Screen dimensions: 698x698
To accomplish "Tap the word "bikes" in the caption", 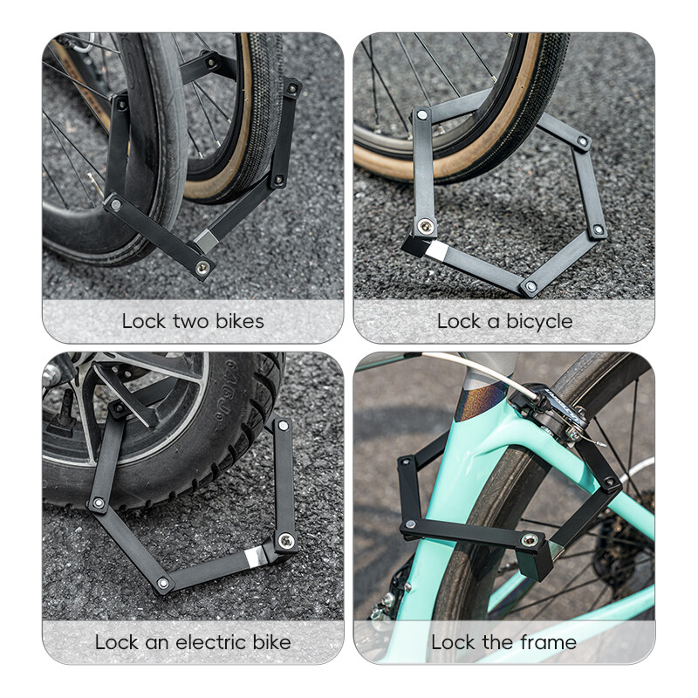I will [236, 321].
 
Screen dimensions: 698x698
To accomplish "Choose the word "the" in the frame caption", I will [496, 643].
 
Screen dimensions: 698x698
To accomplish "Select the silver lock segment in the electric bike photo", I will [255, 557].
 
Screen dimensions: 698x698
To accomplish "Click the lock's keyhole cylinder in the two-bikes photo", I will [202, 267].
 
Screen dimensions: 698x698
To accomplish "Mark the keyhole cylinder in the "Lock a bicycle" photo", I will [425, 227].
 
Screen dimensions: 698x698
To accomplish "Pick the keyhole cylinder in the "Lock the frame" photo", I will [528, 541].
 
